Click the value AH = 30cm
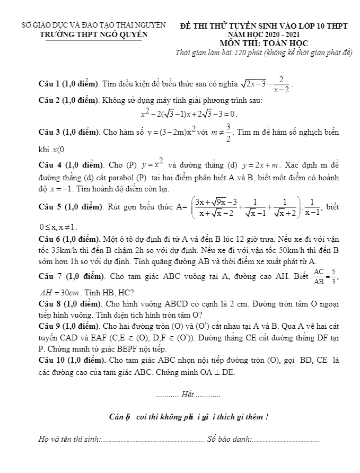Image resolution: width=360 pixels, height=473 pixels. [59, 292]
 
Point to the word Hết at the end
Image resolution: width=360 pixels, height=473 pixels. [188, 395]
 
